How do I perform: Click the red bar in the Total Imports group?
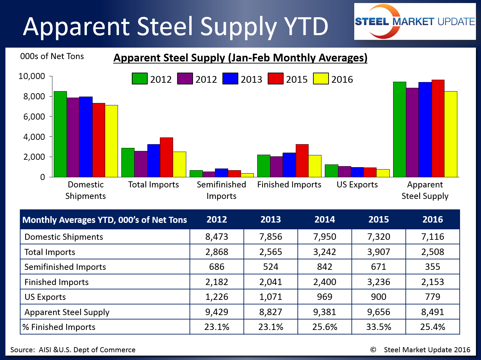(x=166, y=157)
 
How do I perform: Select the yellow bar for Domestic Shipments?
(x=111, y=141)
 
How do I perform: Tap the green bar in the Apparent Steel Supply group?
(x=400, y=129)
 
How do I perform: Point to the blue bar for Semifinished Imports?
(x=221, y=173)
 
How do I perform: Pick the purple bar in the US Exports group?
(x=344, y=172)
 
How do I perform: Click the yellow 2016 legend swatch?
(x=321, y=79)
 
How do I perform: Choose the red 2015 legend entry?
(x=288, y=79)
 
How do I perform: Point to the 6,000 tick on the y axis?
(x=34, y=117)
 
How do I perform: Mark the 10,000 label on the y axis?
(x=31, y=76)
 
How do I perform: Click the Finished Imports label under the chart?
(x=289, y=185)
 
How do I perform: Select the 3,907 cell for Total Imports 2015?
(x=379, y=252)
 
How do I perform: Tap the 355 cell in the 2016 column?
(x=432, y=267)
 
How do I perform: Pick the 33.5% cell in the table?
(x=379, y=327)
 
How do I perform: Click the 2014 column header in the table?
(x=324, y=220)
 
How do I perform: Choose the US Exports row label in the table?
(x=45, y=297)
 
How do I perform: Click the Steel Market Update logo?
(x=415, y=22)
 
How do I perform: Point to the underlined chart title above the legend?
(x=240, y=58)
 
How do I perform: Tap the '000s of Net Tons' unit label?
(x=52, y=56)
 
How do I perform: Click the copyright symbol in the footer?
(x=373, y=350)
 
